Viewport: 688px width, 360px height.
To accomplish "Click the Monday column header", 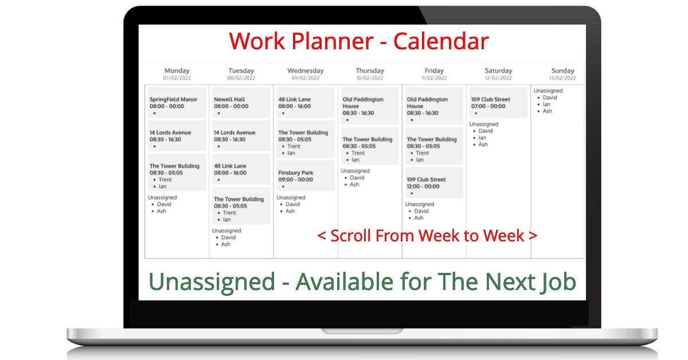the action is point(177,71).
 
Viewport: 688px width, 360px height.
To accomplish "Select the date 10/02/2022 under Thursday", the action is point(370,78).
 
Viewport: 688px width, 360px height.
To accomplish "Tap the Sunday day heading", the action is point(562,71).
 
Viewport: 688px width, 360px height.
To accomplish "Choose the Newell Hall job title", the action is point(229,100).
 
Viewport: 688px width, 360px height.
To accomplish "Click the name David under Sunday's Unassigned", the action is point(550,97).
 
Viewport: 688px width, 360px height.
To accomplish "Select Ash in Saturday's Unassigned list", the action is point(483,144).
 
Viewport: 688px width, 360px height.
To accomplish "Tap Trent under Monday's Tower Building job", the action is point(165,179).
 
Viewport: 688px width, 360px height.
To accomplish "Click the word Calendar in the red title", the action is point(441,41).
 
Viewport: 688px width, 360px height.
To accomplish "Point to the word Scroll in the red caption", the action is point(350,236).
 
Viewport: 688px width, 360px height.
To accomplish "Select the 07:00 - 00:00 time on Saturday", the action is point(488,106).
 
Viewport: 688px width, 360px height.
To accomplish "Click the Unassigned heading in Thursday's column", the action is point(355,171).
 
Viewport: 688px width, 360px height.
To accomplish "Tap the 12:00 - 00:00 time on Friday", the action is point(423,186).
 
